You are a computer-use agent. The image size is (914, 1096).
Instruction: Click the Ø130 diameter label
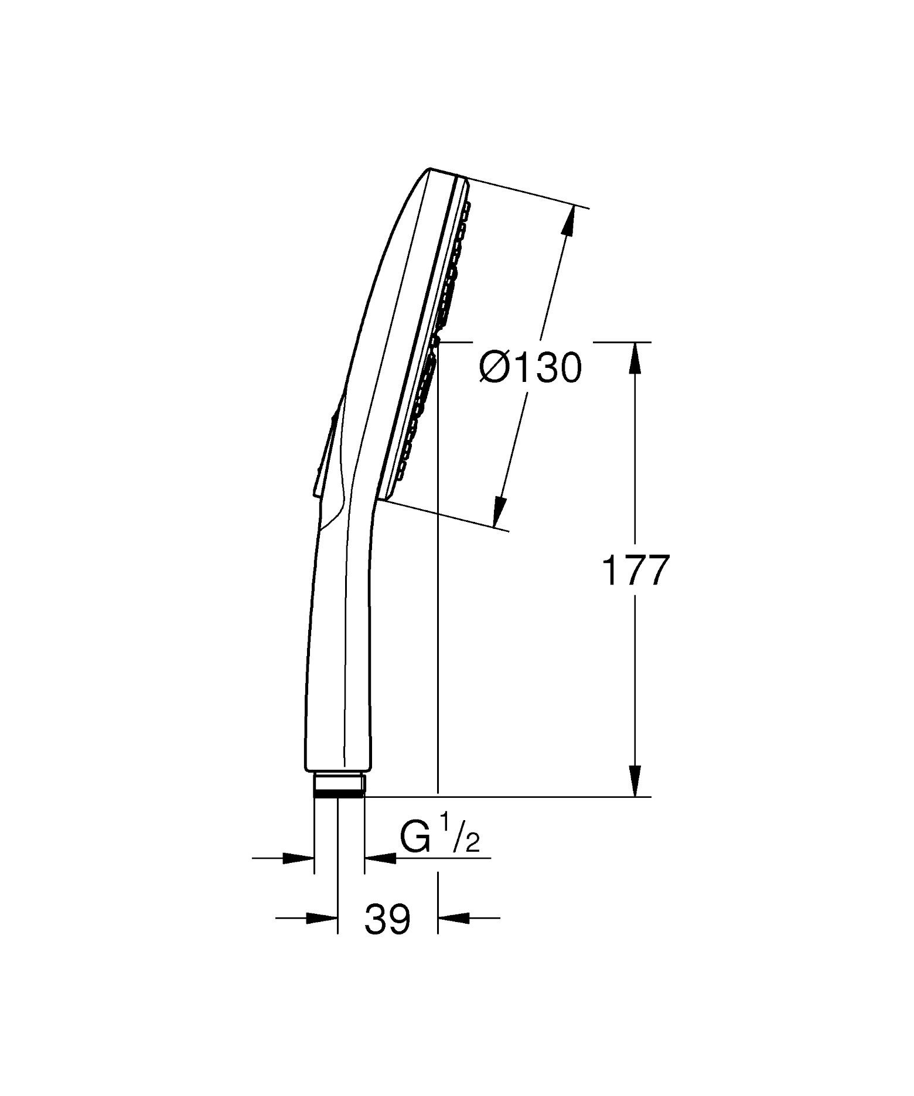530,368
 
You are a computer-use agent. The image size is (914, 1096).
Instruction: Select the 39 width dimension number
387,919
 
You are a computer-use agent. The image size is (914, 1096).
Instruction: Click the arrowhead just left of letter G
378,859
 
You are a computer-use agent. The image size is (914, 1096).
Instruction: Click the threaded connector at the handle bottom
339,785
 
